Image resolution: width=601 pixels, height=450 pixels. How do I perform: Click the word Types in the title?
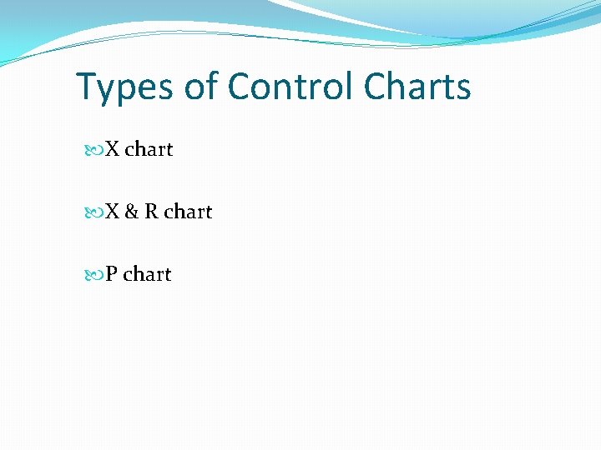(x=125, y=87)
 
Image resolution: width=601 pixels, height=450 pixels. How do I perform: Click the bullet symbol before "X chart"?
(x=93, y=150)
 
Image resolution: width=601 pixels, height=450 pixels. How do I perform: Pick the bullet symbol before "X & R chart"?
(x=93, y=212)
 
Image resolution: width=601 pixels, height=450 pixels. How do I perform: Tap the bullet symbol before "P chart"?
(x=93, y=275)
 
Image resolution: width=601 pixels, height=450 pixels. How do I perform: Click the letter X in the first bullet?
(x=113, y=150)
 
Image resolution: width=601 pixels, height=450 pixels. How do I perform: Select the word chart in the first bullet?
(x=149, y=150)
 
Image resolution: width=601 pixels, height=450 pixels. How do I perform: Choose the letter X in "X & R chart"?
(x=113, y=212)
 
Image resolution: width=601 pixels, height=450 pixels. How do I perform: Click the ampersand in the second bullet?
(x=132, y=212)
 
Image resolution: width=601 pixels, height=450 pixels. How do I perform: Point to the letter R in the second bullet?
(x=152, y=212)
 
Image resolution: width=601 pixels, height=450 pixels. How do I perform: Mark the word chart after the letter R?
(x=188, y=212)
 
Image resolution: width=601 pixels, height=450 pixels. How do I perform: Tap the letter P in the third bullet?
(x=111, y=275)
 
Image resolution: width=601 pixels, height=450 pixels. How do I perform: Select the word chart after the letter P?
(x=147, y=275)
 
